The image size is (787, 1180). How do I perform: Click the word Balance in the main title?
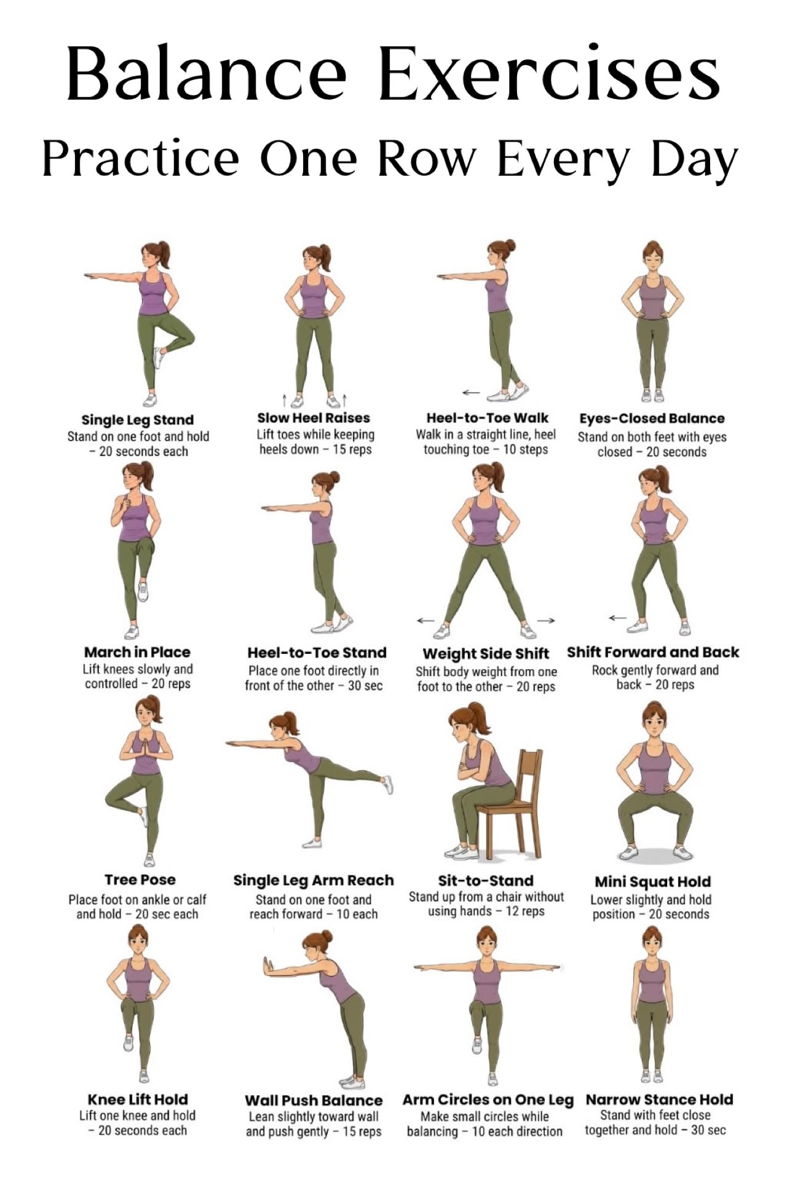click(x=206, y=73)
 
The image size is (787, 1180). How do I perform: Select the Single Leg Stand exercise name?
click(x=138, y=420)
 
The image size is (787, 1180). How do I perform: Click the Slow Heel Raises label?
click(x=314, y=418)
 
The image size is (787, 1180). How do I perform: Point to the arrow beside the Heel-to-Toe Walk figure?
click(x=471, y=392)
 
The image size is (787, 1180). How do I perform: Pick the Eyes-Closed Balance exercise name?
click(x=652, y=419)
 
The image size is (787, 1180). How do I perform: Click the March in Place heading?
click(x=137, y=652)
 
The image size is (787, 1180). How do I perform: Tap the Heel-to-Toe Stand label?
click(x=317, y=653)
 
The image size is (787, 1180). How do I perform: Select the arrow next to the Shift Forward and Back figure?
click(x=617, y=618)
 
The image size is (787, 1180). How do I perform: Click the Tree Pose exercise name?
click(x=140, y=879)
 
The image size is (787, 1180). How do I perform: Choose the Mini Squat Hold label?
click(x=653, y=882)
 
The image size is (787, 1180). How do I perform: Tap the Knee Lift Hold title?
click(x=138, y=1099)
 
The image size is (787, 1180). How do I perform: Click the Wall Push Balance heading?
click(x=314, y=1100)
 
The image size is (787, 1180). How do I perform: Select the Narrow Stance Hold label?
click(x=659, y=1099)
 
